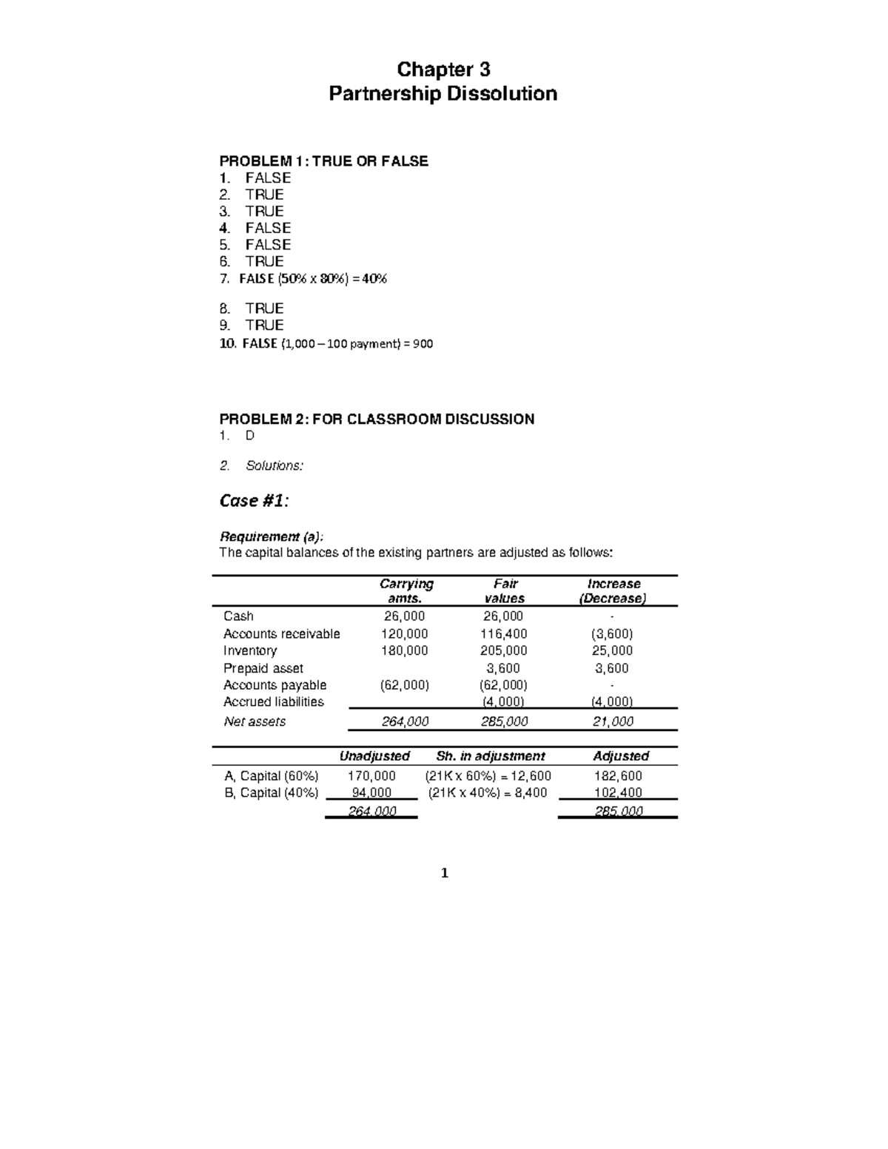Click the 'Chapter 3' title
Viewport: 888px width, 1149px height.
click(443, 70)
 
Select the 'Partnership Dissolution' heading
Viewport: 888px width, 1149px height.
click(443, 94)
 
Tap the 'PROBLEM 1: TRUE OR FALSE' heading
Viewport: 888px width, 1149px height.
click(323, 161)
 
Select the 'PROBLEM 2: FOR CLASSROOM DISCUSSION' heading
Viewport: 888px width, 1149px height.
click(377, 419)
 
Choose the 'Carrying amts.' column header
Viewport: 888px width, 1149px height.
click(406, 591)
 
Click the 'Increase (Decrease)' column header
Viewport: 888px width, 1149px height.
click(613, 591)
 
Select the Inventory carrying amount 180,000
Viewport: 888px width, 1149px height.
click(404, 650)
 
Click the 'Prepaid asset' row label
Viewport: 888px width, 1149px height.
click(263, 668)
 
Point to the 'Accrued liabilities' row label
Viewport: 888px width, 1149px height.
click(273, 701)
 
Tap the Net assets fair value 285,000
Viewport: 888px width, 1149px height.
click(504, 721)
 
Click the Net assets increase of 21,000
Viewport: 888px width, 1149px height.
click(613, 721)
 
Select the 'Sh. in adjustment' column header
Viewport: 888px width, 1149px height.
click(490, 756)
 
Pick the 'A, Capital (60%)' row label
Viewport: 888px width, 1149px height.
click(271, 775)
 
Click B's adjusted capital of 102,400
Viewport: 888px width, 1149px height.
click(618, 792)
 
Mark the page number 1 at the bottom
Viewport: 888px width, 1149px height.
click(444, 873)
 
